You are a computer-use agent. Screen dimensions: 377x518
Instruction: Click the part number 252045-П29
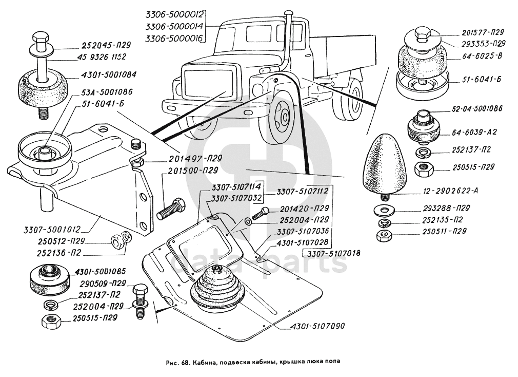(104, 44)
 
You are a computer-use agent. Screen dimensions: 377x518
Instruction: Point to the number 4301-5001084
(108, 74)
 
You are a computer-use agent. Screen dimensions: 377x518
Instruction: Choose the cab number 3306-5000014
(174, 26)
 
